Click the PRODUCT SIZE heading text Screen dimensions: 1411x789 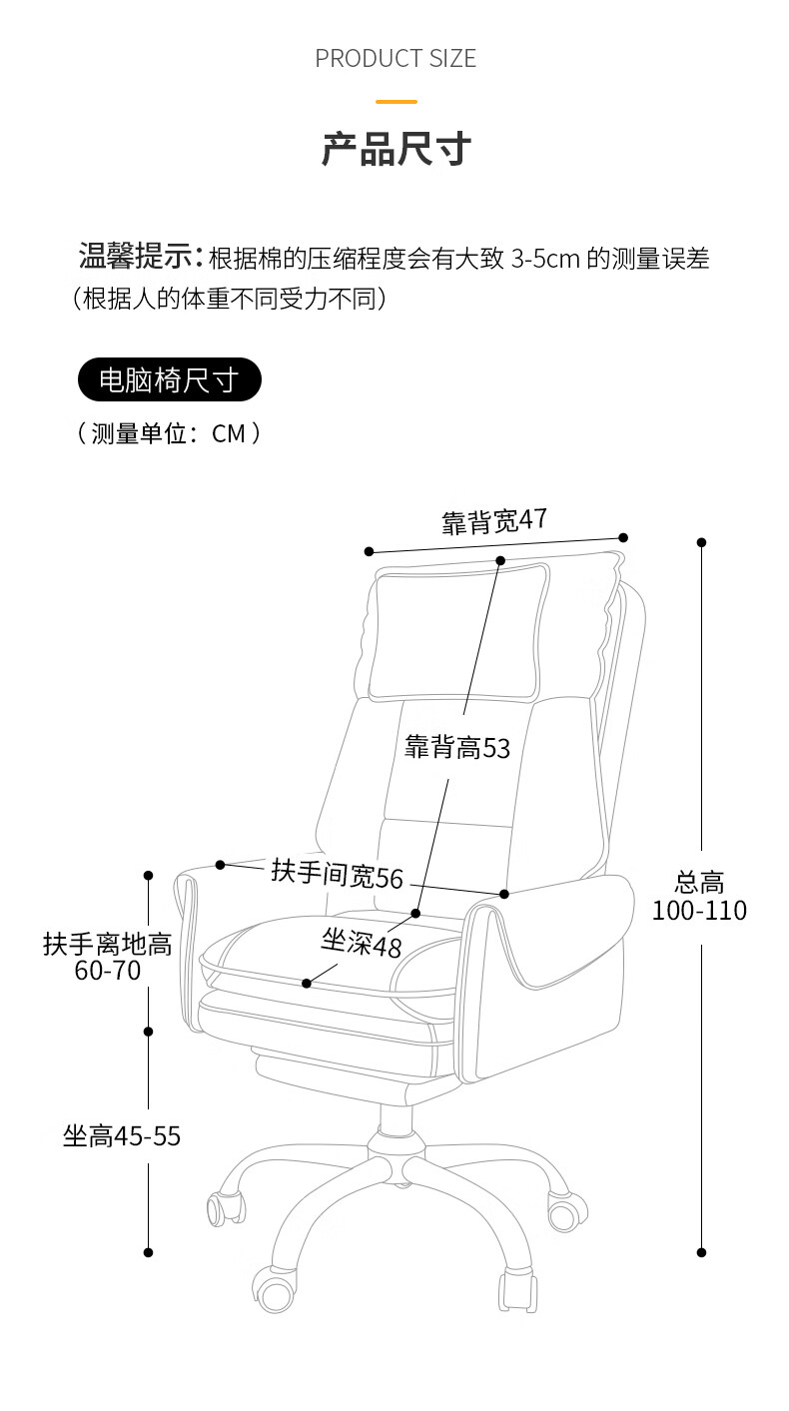(x=395, y=59)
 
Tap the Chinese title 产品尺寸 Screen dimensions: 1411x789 (x=395, y=149)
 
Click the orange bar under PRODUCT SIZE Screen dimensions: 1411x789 (x=395, y=101)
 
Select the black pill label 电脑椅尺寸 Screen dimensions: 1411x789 (x=169, y=380)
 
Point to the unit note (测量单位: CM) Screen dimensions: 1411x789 (x=169, y=433)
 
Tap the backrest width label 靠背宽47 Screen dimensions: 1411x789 (x=494, y=520)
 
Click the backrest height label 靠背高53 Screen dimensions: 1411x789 (x=456, y=748)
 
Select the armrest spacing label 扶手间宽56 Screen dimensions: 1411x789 (x=337, y=874)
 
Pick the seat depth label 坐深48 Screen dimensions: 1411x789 (x=361, y=942)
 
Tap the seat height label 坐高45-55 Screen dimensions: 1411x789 (x=122, y=1136)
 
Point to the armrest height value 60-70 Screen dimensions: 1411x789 (x=108, y=971)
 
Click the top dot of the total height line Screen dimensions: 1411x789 (x=702, y=542)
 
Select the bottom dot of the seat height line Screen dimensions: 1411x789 (x=149, y=1252)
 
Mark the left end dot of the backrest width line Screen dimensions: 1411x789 (x=369, y=551)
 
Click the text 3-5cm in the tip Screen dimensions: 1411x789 (x=545, y=260)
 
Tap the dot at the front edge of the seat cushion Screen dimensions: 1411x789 (x=307, y=984)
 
